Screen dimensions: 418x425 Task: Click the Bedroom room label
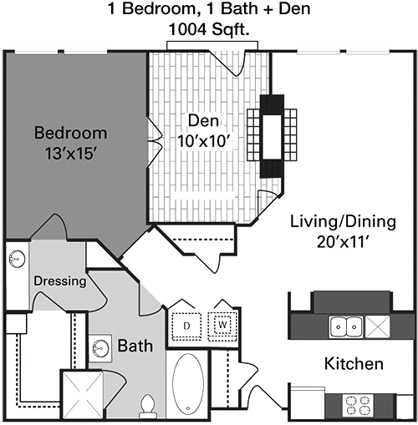[x=70, y=133]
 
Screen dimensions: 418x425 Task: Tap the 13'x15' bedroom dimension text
[x=71, y=154]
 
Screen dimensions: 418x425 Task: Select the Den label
[x=203, y=120]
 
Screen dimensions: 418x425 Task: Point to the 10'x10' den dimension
[x=205, y=141]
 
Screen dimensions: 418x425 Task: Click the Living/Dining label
[x=343, y=221]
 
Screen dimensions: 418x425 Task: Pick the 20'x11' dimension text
[x=343, y=242]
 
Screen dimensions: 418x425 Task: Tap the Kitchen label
[x=354, y=364]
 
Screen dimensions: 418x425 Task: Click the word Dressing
[x=60, y=281]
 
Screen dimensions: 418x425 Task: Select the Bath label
[x=135, y=346]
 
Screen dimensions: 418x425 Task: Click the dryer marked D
[x=186, y=326]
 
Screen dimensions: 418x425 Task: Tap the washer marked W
[x=222, y=325]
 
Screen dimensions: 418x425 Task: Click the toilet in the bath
[x=148, y=406]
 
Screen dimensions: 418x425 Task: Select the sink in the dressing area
[x=17, y=259]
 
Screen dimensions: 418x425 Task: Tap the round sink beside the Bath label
[x=99, y=348]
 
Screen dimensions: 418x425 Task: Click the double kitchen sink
[x=346, y=326]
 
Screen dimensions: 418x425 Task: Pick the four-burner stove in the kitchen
[x=358, y=405]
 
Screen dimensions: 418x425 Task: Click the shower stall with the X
[x=82, y=393]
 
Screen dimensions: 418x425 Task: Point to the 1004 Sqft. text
[x=209, y=29]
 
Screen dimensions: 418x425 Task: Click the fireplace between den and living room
[x=272, y=136]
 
